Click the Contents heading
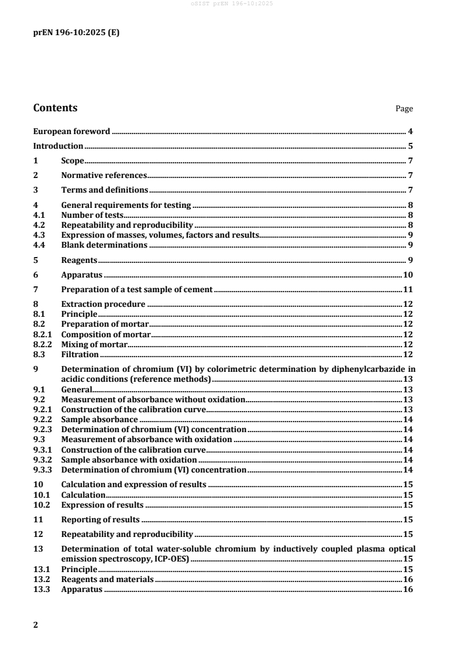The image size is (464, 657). click(55, 108)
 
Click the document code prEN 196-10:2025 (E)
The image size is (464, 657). click(76, 33)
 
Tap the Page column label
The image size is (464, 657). click(404, 109)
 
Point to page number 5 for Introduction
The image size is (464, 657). click(411, 146)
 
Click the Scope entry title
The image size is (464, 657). click(73, 160)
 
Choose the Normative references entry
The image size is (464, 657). click(104, 175)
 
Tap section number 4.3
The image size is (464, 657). click(39, 235)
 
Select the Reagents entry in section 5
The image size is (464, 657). click(79, 259)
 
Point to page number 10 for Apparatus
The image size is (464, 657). click(408, 275)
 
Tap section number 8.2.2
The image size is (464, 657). click(42, 344)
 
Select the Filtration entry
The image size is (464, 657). click(80, 354)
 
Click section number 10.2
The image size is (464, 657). click(41, 504)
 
